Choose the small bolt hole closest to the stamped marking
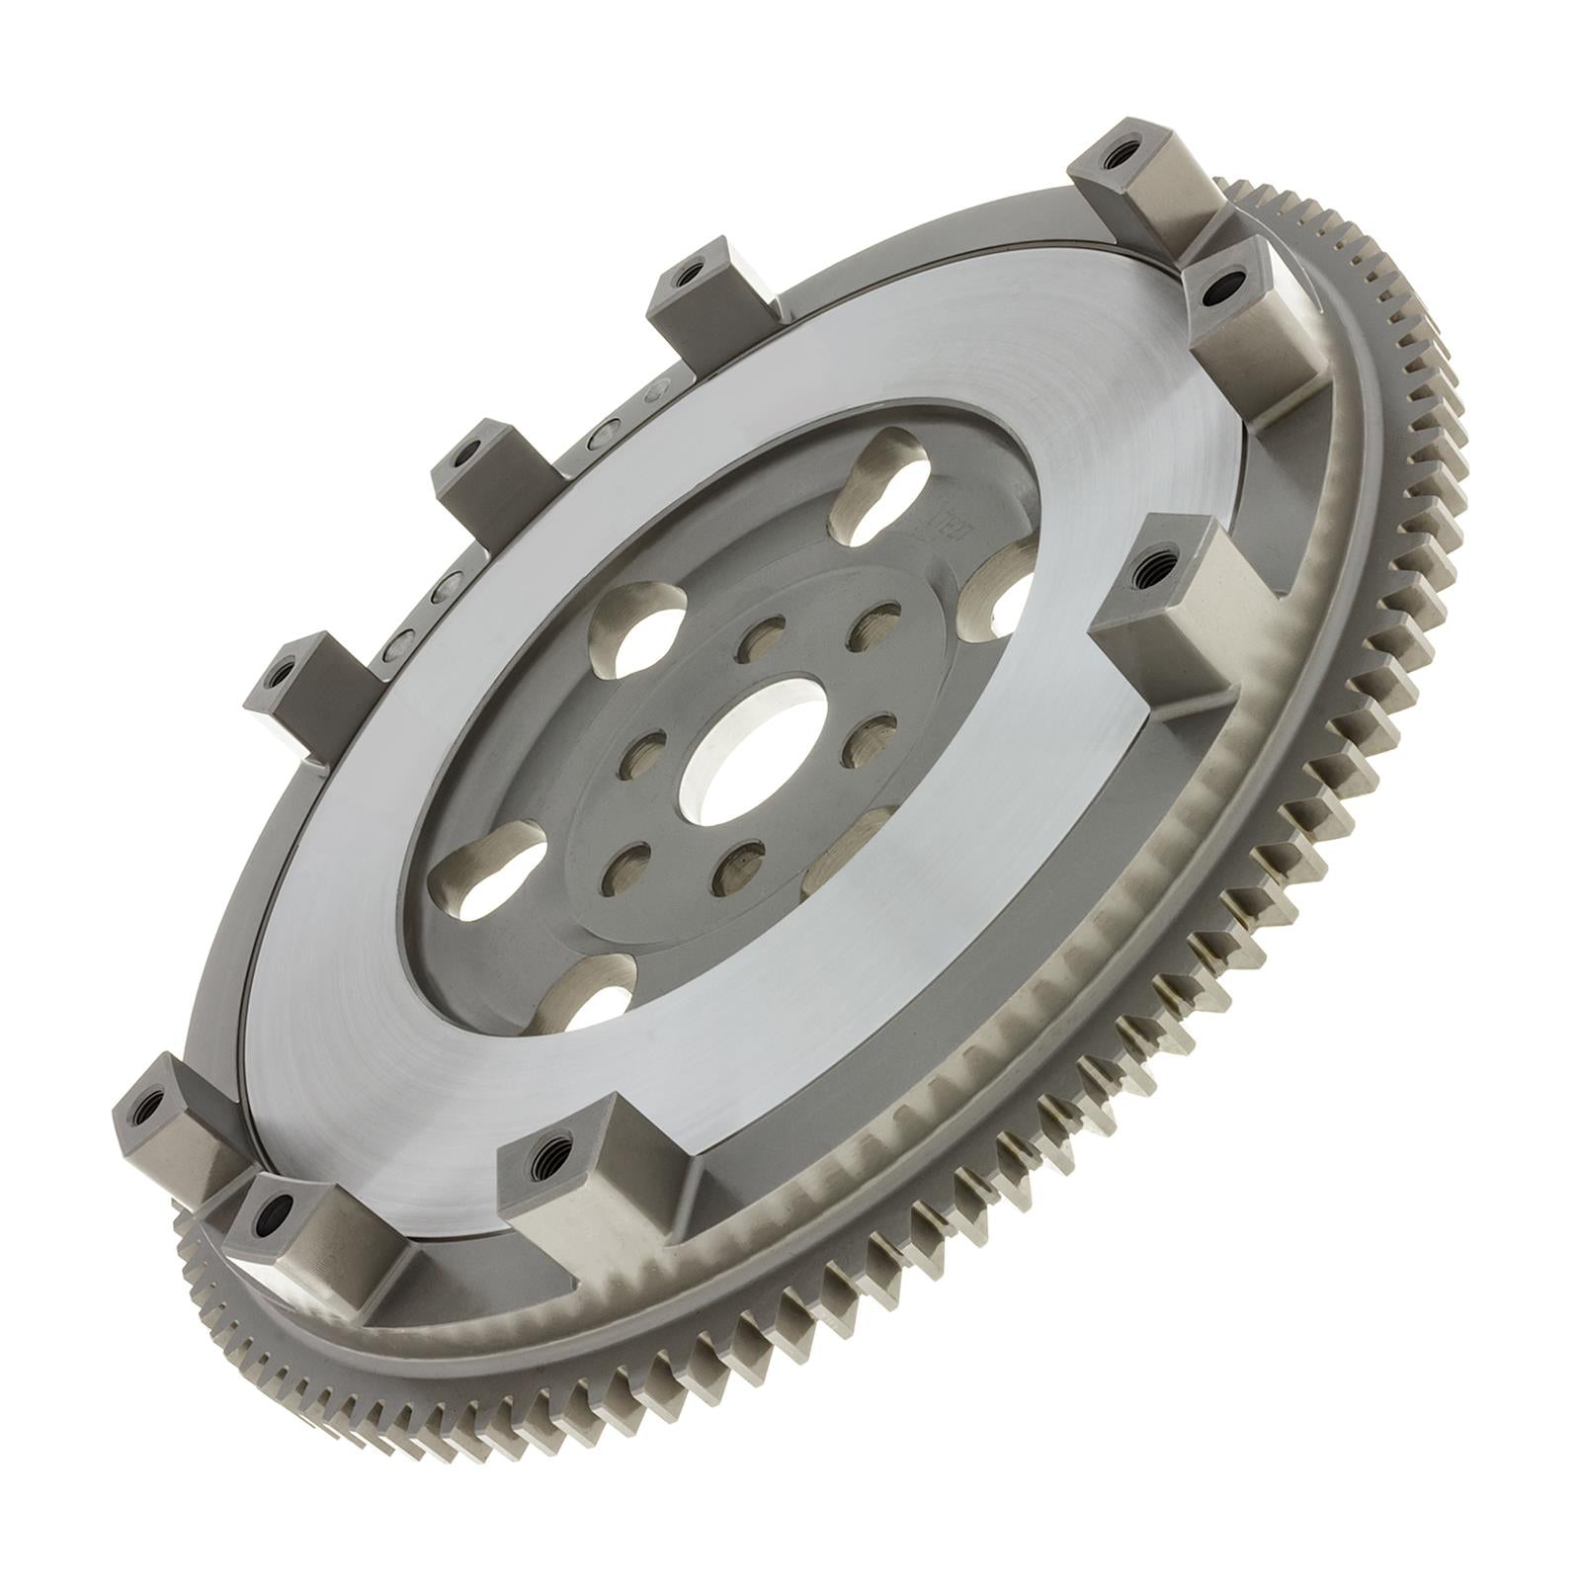pyautogui.click(x=870, y=623)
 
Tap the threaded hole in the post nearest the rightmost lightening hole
pyautogui.click(x=1152, y=569)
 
